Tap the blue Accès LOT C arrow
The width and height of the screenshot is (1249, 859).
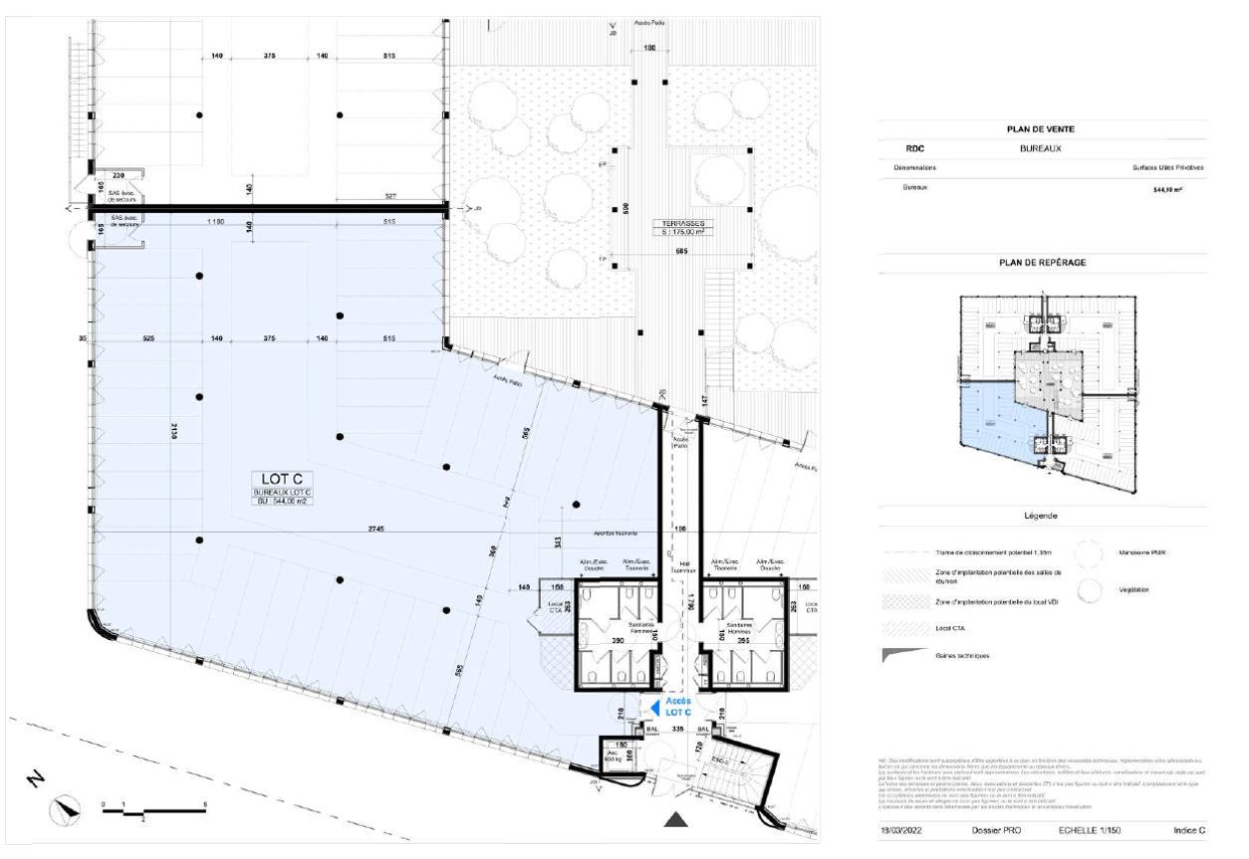pyautogui.click(x=653, y=706)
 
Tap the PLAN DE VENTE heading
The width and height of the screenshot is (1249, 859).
pyautogui.click(x=1043, y=129)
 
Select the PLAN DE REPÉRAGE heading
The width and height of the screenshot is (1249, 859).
pyautogui.click(x=1043, y=263)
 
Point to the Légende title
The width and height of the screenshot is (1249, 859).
pyautogui.click(x=1043, y=516)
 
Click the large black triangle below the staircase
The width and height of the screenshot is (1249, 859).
pyautogui.click(x=676, y=819)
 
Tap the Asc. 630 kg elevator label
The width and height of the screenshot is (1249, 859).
pyautogui.click(x=612, y=754)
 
